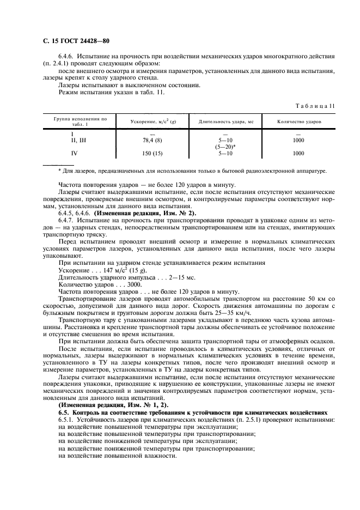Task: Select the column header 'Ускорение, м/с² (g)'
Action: pos(145,121)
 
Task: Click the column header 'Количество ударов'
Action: pos(298,121)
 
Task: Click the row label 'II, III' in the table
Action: pos(72,140)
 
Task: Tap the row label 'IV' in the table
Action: pos(72,154)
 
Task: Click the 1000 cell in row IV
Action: pos(298,154)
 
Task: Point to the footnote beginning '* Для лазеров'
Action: pos(185,171)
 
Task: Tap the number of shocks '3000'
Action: pos(134,283)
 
